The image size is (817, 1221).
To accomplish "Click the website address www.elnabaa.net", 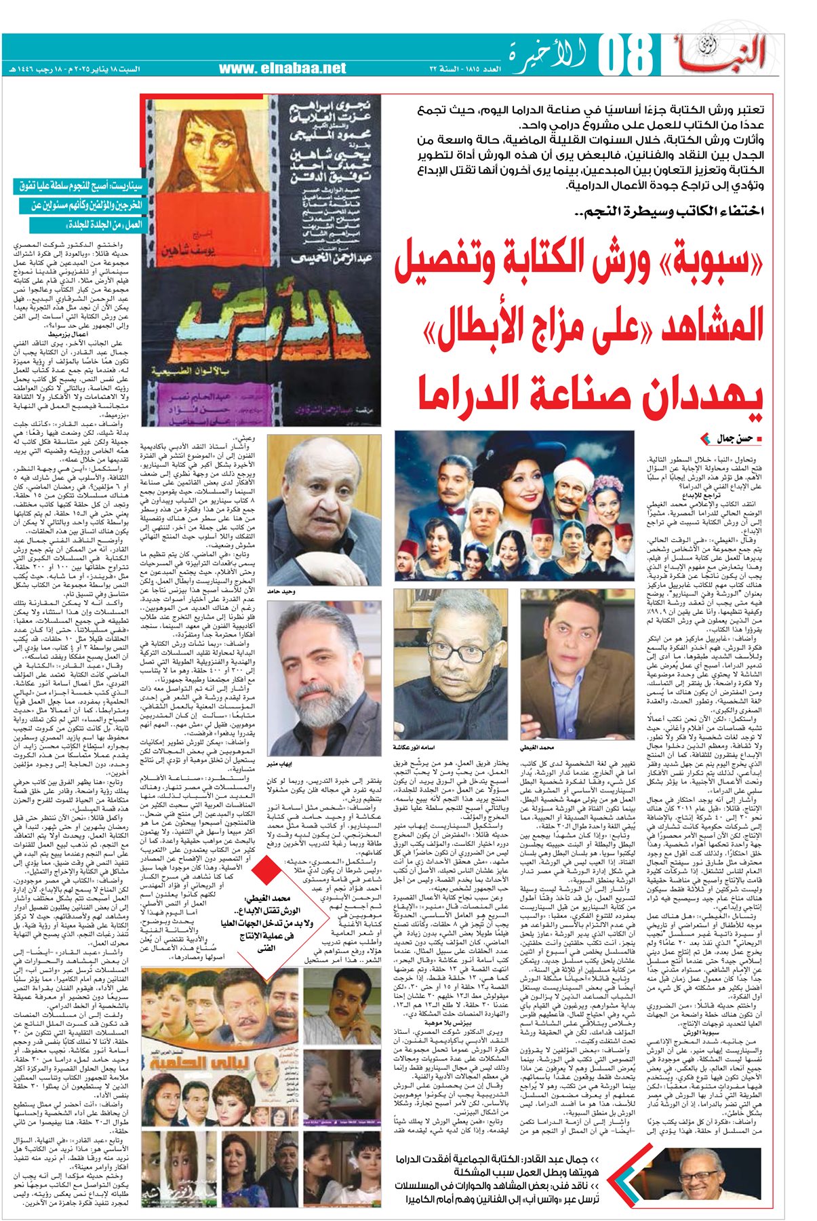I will (282, 68).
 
